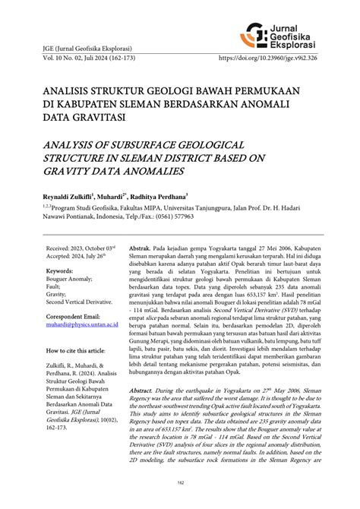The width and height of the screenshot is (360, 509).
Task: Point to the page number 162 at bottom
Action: pos(179,502)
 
